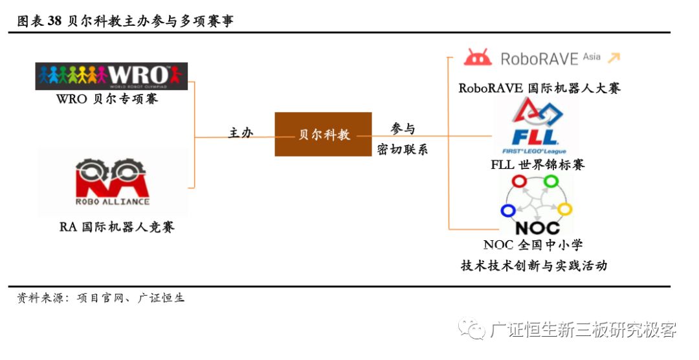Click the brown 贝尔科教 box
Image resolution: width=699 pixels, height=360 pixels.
[x=323, y=134]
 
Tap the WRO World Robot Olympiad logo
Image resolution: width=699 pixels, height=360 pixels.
[x=111, y=76]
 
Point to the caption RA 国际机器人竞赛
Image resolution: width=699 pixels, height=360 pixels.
[x=116, y=227]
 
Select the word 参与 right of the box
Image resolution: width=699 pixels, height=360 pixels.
[x=403, y=128]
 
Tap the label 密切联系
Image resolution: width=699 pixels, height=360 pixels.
[x=403, y=150]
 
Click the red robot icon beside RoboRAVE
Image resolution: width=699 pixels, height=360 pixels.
[x=478, y=58]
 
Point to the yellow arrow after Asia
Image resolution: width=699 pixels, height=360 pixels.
[x=613, y=58]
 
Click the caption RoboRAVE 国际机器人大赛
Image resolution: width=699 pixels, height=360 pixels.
[x=539, y=87]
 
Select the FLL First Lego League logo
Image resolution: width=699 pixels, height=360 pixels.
[x=535, y=126]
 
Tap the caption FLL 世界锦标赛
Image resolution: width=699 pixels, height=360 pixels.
[x=537, y=164]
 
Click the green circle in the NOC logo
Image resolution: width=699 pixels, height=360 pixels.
[x=550, y=181]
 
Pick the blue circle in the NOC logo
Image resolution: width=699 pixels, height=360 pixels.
[x=508, y=210]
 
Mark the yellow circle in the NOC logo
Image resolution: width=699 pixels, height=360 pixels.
[x=564, y=209]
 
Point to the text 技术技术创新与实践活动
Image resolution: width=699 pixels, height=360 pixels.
[x=534, y=265]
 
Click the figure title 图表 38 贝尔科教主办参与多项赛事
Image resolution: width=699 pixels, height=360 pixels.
[x=125, y=21]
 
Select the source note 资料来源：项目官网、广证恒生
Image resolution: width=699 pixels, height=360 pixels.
[x=100, y=298]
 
